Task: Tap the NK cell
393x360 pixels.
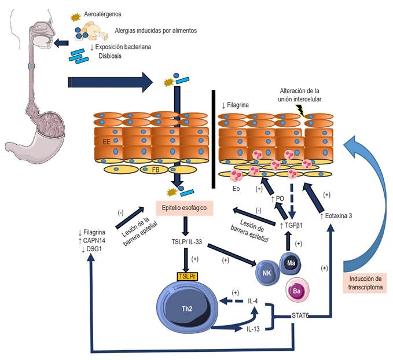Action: tap(267, 273)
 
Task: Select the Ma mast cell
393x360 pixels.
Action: tap(291, 263)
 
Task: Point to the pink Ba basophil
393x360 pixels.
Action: tap(297, 291)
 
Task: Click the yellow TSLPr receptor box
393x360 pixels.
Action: tap(187, 276)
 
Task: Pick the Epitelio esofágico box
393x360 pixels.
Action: tap(185, 208)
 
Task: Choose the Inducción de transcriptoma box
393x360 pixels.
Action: tap(365, 283)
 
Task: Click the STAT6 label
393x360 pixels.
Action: tap(300, 315)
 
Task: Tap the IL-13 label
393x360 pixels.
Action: tap(253, 329)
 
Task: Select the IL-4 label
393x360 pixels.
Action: tap(252, 301)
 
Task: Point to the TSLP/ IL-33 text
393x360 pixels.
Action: tap(187, 242)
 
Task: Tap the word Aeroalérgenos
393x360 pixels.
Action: tap(102, 14)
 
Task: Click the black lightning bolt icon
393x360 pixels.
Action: tap(300, 111)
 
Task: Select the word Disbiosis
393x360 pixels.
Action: tap(110, 56)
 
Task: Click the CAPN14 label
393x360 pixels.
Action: tap(94, 241)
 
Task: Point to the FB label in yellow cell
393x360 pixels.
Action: tap(156, 170)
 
